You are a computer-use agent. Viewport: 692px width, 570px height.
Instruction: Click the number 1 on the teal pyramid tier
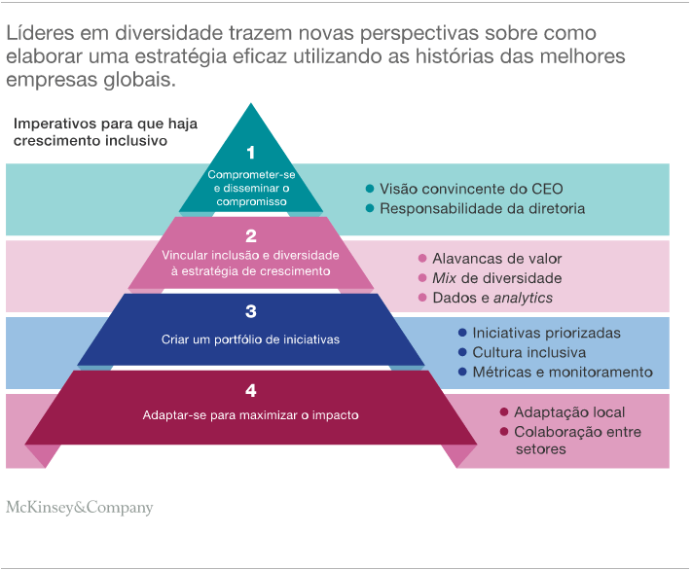(250, 153)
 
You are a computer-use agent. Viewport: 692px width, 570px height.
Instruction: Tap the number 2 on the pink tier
(250, 234)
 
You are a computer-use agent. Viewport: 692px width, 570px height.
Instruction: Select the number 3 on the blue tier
(250, 311)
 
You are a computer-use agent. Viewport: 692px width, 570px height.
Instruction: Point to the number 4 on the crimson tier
(250, 390)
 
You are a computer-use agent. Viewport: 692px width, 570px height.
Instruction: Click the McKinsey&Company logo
(80, 507)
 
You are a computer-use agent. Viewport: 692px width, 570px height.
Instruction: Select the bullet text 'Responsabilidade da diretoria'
(482, 208)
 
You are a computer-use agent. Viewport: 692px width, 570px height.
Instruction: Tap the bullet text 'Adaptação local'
(569, 412)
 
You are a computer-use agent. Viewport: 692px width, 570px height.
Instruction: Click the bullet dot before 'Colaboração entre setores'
(503, 432)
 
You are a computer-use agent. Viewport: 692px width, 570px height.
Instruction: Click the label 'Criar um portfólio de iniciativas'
(250, 339)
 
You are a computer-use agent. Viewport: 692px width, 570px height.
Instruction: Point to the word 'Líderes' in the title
(38, 33)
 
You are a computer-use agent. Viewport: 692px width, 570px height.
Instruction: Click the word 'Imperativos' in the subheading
(56, 124)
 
